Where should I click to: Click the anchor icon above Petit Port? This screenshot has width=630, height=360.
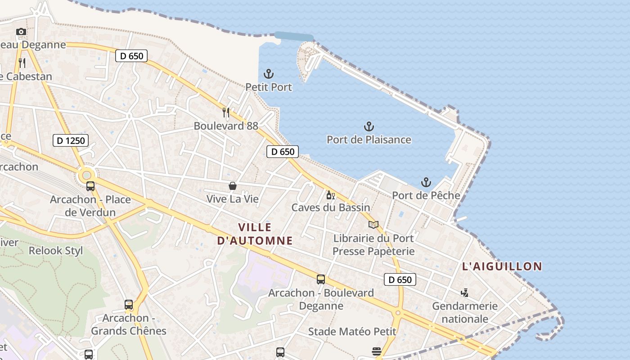[268, 73]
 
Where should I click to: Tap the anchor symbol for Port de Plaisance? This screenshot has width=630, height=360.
[369, 126]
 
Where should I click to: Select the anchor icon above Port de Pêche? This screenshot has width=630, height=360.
[426, 182]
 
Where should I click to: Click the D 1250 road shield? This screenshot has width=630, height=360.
[71, 140]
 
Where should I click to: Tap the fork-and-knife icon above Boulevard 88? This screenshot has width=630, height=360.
[226, 112]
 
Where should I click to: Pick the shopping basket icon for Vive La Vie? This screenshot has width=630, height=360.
[233, 185]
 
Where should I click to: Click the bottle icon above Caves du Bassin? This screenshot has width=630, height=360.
[330, 195]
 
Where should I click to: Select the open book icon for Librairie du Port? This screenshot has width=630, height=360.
[373, 225]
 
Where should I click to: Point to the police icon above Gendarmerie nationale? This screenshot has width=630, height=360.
[465, 293]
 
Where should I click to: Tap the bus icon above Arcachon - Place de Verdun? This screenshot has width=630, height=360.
[90, 186]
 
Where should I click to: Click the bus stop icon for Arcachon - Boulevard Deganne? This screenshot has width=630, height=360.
[321, 279]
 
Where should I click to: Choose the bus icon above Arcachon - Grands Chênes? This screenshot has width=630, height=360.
[129, 305]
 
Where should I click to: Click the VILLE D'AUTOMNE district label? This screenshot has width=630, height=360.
[255, 234]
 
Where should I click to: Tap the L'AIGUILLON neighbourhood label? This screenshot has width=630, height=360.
[502, 266]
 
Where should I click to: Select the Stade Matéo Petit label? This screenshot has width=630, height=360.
[352, 332]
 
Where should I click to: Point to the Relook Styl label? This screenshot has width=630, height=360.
[56, 251]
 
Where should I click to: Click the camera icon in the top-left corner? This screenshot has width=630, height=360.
[21, 31]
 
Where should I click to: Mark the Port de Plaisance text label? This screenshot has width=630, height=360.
[369, 139]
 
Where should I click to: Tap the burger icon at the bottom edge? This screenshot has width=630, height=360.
[377, 351]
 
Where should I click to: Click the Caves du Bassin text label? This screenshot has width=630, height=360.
[331, 207]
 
